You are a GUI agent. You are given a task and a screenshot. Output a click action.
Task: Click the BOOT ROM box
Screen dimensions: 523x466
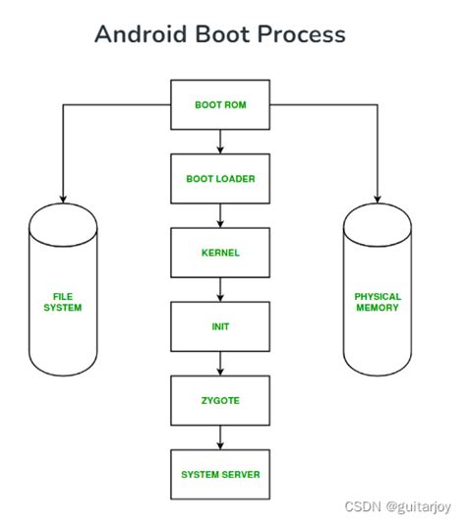220,105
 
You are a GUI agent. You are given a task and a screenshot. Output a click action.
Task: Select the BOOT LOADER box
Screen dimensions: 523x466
220,179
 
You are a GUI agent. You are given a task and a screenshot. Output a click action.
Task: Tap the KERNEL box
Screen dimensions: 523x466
220,253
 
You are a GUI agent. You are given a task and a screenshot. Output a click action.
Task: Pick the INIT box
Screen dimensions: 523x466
220,327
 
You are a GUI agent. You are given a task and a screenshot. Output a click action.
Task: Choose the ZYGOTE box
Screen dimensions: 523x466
220,401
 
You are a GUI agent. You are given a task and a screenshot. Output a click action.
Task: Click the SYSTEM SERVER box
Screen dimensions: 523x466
220,475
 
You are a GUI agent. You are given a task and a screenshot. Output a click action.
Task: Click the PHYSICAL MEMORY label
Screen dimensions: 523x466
377,301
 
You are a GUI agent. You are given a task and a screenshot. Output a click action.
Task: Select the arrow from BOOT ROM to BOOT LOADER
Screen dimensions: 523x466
220,142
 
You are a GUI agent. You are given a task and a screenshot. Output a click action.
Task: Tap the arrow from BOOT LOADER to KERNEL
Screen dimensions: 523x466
220,215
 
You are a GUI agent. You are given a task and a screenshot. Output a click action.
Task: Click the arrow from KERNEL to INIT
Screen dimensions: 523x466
220,290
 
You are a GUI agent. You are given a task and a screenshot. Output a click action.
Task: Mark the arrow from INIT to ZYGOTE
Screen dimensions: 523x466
220,364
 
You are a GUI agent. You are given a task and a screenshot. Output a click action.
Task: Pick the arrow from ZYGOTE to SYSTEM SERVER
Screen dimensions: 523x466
220,437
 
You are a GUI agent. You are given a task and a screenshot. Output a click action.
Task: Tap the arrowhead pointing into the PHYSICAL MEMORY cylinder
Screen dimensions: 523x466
377,196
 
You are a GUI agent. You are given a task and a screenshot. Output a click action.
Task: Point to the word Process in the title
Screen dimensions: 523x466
303,34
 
